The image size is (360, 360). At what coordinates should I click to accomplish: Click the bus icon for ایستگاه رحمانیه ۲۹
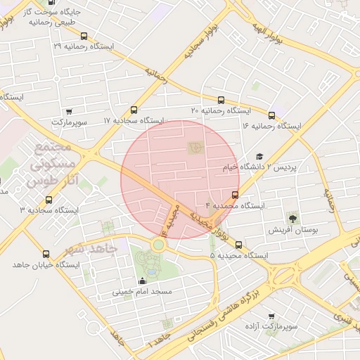point(84,36)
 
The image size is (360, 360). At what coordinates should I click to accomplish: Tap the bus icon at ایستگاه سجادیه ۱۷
point(134,110)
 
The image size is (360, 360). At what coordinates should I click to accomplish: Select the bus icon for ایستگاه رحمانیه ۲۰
point(221,101)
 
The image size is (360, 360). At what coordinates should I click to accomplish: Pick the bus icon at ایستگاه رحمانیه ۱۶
point(271,115)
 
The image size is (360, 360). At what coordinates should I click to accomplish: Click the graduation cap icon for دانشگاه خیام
point(259,157)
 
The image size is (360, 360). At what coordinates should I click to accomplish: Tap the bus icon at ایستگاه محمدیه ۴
point(235,195)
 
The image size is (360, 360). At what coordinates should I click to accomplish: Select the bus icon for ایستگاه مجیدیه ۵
point(239,245)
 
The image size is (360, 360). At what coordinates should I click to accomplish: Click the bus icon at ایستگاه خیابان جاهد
point(46,254)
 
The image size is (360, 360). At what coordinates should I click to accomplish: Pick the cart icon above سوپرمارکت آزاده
point(271,317)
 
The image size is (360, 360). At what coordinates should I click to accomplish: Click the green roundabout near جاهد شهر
point(159,245)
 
